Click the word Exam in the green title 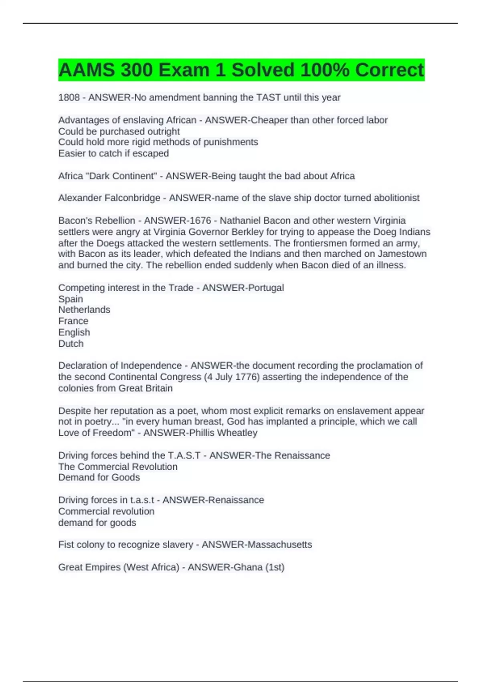[x=184, y=70]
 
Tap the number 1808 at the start [x=69, y=97]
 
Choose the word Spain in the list [x=71, y=299]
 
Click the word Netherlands [x=84, y=310]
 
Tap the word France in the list [x=73, y=321]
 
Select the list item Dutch [x=71, y=343]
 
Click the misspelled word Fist [x=65, y=544]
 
